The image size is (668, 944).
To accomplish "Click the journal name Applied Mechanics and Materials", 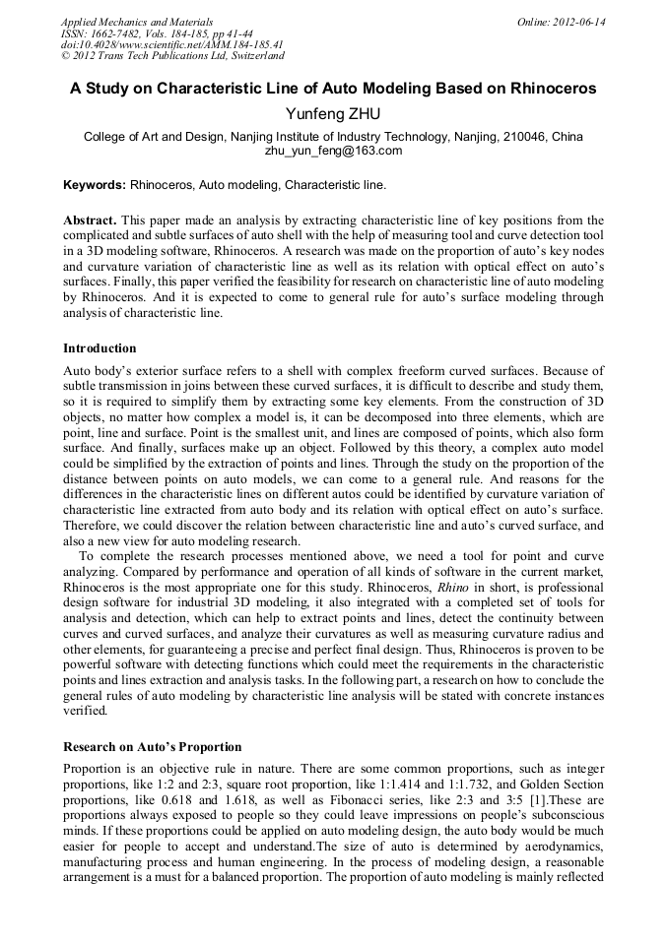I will click(136, 21).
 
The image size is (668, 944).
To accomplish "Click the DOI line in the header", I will click(171, 44).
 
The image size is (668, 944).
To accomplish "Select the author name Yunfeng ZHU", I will click(333, 114).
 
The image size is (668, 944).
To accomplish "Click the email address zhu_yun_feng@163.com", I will click(333, 151).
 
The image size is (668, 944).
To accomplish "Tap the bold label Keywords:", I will click(95, 184).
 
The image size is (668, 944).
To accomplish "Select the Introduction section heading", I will click(100, 347).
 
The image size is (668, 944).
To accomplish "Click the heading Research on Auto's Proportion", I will click(153, 746).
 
